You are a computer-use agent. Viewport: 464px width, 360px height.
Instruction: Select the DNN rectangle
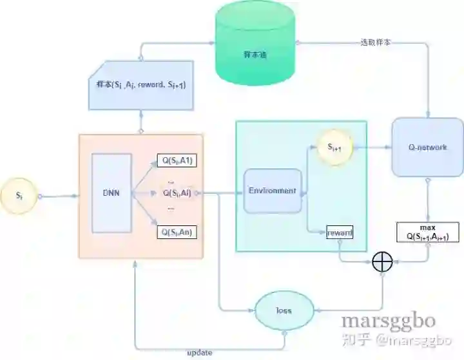pyautogui.click(x=111, y=193)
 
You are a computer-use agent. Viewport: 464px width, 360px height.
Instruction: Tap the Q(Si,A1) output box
pyautogui.click(x=177, y=161)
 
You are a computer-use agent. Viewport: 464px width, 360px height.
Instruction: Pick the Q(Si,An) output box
pyautogui.click(x=177, y=232)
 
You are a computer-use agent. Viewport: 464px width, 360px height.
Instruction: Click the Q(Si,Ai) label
pyautogui.click(x=177, y=193)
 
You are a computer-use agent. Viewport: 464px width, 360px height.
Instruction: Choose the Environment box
pyautogui.click(x=273, y=191)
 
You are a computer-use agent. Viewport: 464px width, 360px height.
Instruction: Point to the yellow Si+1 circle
pyautogui.click(x=333, y=147)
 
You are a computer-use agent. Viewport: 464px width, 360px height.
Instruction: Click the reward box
pyautogui.click(x=340, y=232)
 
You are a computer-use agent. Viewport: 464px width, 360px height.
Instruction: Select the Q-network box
pyautogui.click(x=427, y=147)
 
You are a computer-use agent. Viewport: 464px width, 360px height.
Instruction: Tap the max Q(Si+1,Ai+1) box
pyautogui.click(x=428, y=232)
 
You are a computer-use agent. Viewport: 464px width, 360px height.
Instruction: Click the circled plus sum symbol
pyautogui.click(x=383, y=261)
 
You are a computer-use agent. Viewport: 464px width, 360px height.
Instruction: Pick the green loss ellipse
pyautogui.click(x=284, y=310)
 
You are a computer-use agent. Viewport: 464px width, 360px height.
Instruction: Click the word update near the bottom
pyautogui.click(x=199, y=353)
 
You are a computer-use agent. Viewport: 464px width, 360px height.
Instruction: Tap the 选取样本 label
pyautogui.click(x=374, y=43)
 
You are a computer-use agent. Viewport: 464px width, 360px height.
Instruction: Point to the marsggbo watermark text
pyautogui.click(x=388, y=320)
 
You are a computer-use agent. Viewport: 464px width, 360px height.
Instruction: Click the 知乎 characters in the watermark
pyautogui.click(x=356, y=338)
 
